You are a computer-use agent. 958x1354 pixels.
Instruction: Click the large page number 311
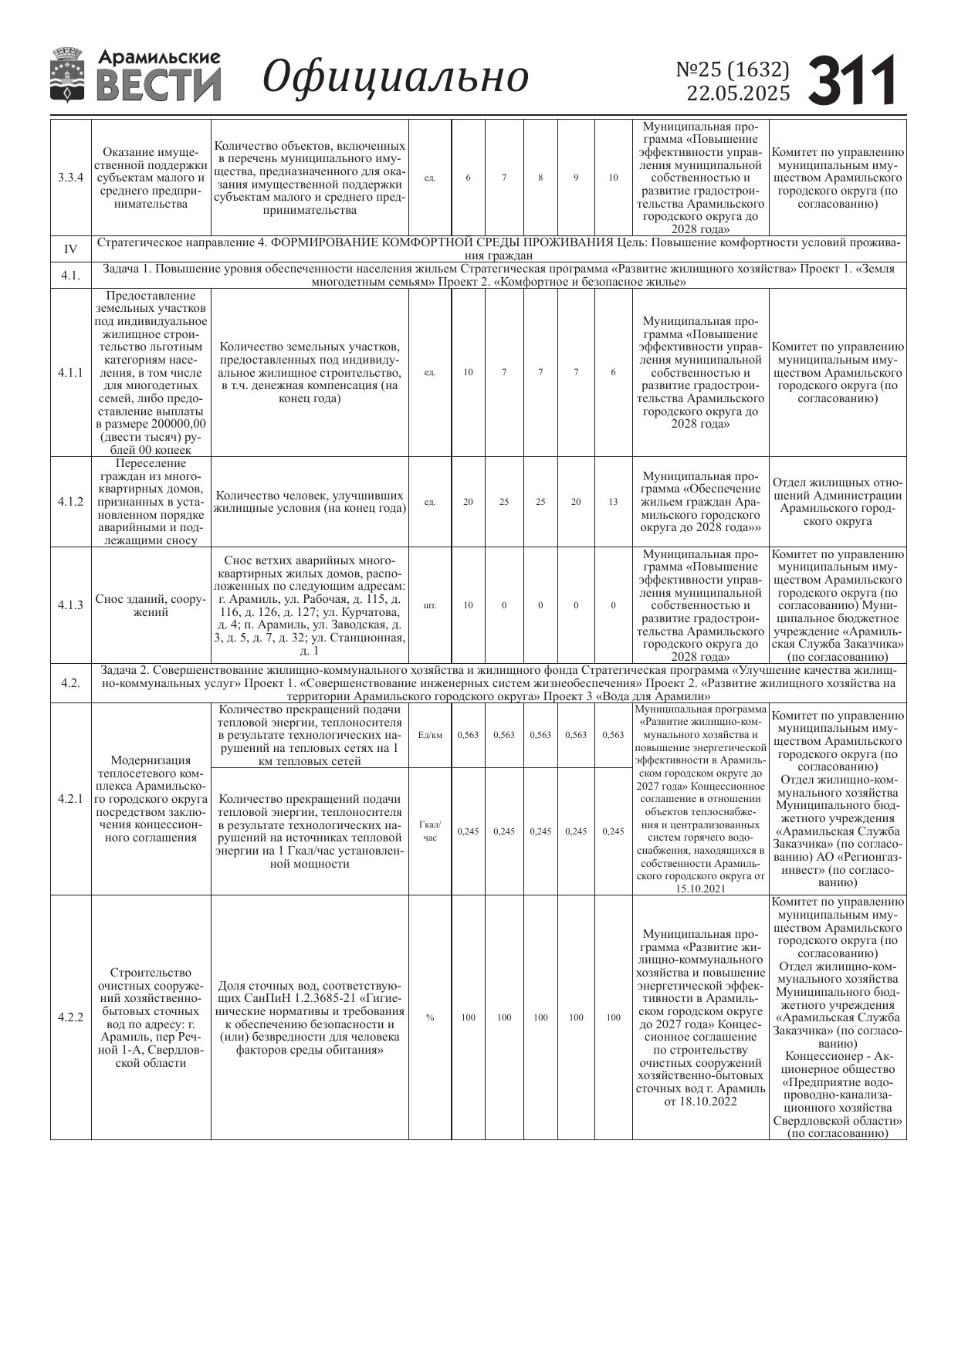point(852,80)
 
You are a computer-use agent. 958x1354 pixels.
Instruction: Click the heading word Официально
point(396,77)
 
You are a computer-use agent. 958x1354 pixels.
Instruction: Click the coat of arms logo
point(68,75)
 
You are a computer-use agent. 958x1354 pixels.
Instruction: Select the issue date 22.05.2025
point(739,93)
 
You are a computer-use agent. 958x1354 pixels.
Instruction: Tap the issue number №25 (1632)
point(733,69)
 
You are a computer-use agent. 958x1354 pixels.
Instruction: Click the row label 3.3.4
point(70,178)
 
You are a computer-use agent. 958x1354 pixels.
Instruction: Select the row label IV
point(70,249)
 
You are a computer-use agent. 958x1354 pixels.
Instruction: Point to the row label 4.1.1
point(70,372)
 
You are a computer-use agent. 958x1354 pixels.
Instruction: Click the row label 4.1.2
point(70,502)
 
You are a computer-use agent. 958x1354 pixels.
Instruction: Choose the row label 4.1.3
point(70,605)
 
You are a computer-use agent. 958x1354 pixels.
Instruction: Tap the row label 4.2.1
point(70,799)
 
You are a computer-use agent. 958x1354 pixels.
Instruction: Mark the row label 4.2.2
point(70,1017)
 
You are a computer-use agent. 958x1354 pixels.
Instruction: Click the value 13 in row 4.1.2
point(613,502)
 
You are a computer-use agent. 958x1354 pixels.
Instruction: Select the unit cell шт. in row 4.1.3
point(430,605)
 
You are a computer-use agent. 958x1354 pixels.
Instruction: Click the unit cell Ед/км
point(430,735)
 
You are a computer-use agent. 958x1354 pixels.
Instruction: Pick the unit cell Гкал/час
point(430,831)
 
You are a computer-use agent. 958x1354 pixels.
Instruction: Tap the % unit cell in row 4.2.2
point(430,1017)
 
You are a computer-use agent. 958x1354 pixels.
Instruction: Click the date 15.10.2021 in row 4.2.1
point(700,889)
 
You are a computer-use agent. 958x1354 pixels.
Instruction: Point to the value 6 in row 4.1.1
point(613,372)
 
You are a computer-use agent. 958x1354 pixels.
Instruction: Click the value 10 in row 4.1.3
point(468,605)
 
